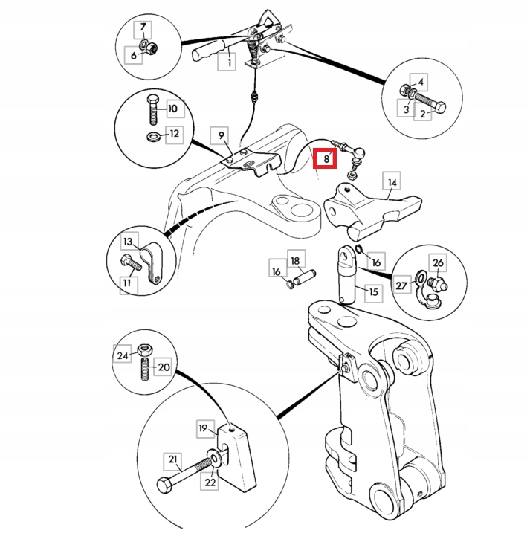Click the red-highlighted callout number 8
click(326, 158)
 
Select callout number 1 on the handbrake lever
click(228, 63)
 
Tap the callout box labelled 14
click(392, 182)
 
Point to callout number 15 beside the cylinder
click(373, 292)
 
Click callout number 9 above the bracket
click(219, 135)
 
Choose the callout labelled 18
click(295, 261)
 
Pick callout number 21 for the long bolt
click(172, 461)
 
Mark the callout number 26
click(438, 262)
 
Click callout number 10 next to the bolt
click(172, 109)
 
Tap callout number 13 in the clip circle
click(128, 242)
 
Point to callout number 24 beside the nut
click(122, 356)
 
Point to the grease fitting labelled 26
click(438, 283)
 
